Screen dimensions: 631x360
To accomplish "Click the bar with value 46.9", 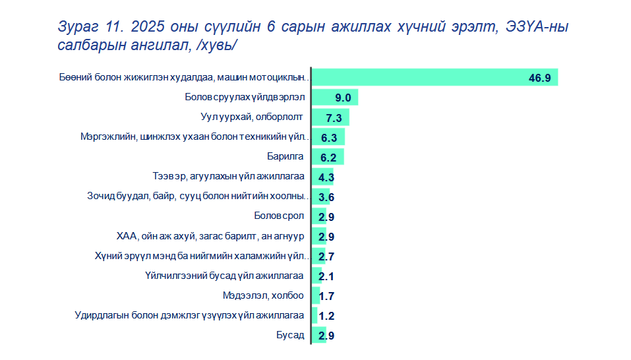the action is (435, 77).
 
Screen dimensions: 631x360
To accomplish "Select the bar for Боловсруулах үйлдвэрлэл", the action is (335, 98).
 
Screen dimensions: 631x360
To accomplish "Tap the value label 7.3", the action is (334, 118).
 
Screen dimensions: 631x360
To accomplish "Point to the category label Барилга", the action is (285, 156).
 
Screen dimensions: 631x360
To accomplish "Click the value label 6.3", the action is (329, 138).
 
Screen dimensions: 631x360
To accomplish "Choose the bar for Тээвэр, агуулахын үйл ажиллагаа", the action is (322, 177).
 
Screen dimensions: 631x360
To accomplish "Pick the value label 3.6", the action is (326, 197).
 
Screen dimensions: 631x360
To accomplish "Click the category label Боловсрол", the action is (279, 216).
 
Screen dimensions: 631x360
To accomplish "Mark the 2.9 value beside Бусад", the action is (326, 336).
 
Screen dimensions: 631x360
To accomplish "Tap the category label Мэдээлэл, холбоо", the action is (263, 295).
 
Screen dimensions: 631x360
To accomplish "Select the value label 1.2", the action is (326, 316).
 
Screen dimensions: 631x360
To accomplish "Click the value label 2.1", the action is (326, 276).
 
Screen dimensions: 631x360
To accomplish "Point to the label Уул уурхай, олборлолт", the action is (251, 117).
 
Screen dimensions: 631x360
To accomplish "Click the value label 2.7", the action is (326, 256).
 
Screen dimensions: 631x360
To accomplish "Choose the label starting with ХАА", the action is (210, 236).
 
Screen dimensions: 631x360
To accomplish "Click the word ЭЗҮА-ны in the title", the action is (537, 26).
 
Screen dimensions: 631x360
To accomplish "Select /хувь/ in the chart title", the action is (216, 45).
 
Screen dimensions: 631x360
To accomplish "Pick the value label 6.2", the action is (328, 158).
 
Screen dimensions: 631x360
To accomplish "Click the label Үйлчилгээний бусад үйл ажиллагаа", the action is (224, 276).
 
